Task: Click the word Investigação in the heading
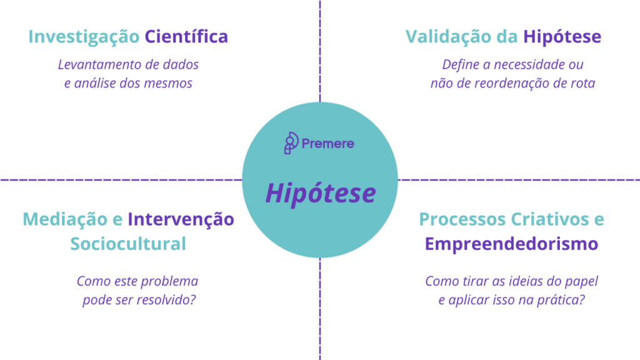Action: (84, 37)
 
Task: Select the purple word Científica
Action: (186, 36)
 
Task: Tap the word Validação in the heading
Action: (448, 37)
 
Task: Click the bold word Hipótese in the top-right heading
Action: (562, 37)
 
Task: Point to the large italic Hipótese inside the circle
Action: (321, 192)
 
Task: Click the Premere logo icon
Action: (291, 143)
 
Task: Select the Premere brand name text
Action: (327, 144)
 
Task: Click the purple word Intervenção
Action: (181, 219)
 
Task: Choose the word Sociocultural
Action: (128, 244)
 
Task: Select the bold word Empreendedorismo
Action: (511, 244)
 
